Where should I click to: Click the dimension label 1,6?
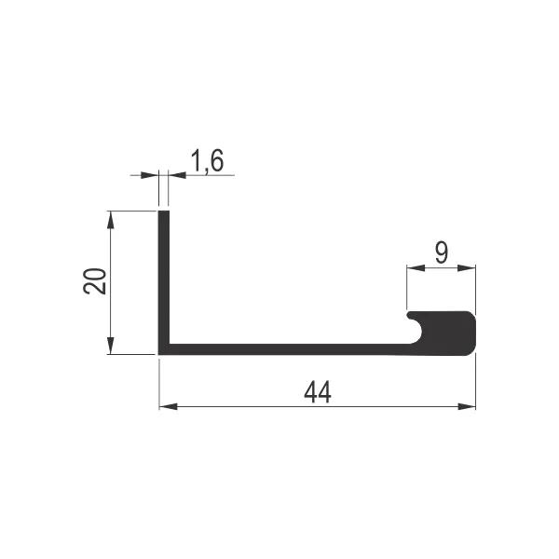coord(208,160)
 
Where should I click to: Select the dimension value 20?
coord(95,281)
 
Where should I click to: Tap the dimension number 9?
coord(442,252)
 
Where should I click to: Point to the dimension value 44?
coord(318,392)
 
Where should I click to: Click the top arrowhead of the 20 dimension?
coord(111,220)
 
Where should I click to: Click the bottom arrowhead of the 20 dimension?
coord(111,346)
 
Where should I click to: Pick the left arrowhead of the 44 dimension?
coord(169,406)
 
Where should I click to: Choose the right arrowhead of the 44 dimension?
coord(467,406)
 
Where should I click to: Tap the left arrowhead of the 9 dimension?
coord(416,267)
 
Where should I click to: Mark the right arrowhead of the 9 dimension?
coord(467,267)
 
